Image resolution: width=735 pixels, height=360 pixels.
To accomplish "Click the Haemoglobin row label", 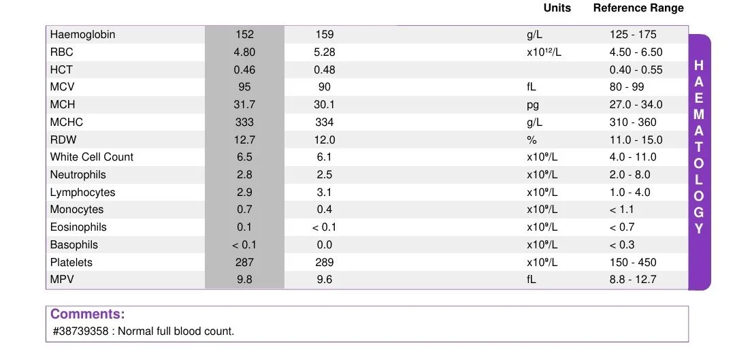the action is tap(82, 35).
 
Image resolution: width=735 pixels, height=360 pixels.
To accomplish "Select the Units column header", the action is tap(557, 8).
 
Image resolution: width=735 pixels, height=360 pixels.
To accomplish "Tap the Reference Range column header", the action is tap(638, 8).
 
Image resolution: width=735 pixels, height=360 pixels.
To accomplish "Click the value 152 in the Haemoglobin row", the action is tap(245, 35).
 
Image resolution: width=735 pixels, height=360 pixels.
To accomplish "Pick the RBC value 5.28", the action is tap(325, 52).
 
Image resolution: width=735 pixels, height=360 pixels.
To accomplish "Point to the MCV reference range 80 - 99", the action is tap(627, 87).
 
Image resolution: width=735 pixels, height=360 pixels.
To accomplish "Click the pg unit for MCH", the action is tap(533, 105).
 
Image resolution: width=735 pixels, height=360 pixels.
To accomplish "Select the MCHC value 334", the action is tap(325, 122).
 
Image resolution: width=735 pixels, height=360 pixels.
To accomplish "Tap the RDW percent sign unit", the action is tap(532, 140).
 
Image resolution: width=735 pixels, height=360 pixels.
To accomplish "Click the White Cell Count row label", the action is tap(92, 157).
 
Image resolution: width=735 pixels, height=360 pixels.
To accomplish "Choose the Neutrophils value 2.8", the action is tap(245, 175).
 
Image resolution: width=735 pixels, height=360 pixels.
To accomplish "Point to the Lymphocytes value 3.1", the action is tap(325, 193).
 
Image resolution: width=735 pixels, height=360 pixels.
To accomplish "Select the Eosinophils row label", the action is tap(78, 227).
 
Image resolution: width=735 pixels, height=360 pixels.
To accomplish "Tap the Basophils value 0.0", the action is tap(325, 245).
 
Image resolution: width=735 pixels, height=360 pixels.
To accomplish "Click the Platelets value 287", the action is tap(245, 263).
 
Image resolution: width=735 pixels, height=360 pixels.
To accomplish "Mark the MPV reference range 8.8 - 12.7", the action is tap(633, 280).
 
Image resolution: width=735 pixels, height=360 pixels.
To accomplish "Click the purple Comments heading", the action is tap(88, 314).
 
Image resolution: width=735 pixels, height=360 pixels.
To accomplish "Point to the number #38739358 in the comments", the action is tap(81, 331).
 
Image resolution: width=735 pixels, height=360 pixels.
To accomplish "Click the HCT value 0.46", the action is tap(245, 70).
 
